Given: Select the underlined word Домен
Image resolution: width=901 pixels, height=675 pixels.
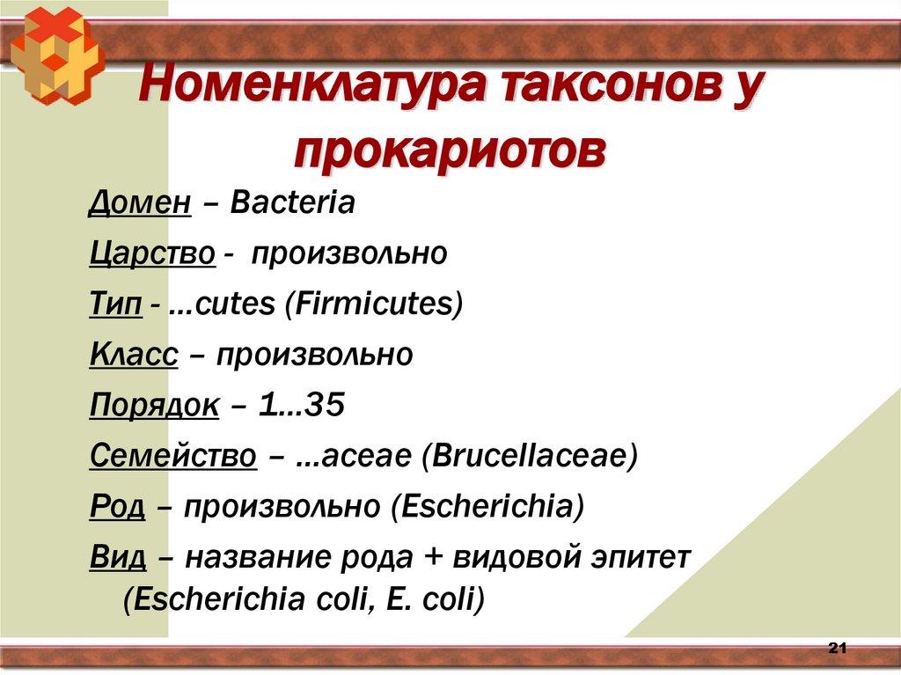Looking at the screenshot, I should click(x=140, y=203).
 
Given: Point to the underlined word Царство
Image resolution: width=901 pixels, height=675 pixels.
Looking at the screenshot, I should click(x=152, y=254).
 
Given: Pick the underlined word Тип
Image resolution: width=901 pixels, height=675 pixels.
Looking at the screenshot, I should click(x=114, y=305).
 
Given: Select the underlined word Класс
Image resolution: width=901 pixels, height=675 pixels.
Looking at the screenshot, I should click(x=134, y=356).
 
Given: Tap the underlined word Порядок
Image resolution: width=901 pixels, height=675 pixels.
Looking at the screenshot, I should click(x=154, y=407).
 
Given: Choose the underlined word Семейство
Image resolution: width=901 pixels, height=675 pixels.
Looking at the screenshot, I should click(x=173, y=457).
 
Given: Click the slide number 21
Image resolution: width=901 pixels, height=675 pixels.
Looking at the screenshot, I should click(x=837, y=649).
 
